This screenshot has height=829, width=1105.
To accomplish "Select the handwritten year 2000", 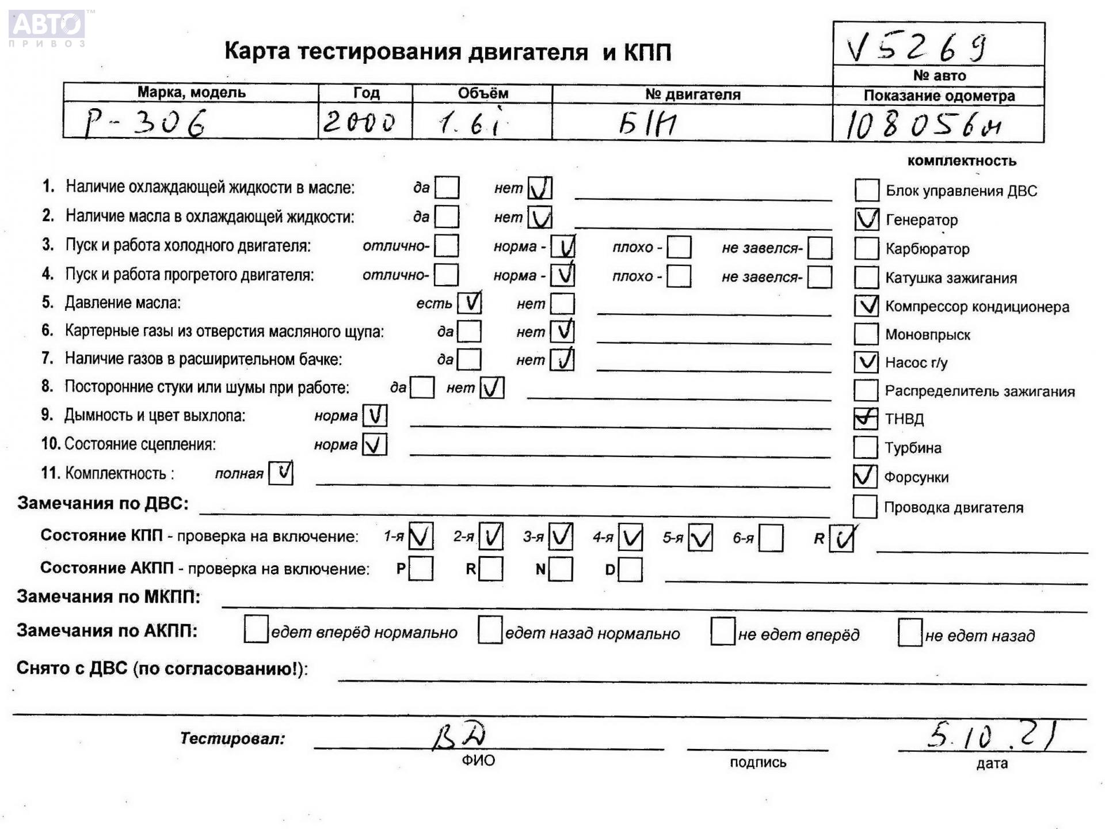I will tap(359, 122).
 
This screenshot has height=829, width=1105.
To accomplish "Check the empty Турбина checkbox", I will tap(865, 447).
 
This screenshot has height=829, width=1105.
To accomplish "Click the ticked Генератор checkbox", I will tap(867, 219).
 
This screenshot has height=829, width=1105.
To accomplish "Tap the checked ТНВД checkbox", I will tap(866, 419).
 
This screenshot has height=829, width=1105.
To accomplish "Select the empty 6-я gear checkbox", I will tap(771, 538).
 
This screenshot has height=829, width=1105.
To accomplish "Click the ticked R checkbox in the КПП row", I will tap(841, 539).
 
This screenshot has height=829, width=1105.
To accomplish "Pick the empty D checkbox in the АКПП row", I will tap(631, 570).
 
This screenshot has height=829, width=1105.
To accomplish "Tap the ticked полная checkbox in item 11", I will tap(281, 473).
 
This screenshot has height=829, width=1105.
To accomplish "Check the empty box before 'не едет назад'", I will tap(910, 633).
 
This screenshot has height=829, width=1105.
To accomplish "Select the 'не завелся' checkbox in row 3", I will tap(820, 248).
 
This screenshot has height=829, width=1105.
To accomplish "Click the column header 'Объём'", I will tap(483, 93).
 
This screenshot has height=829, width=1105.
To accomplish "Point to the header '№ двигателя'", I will tap(692, 94).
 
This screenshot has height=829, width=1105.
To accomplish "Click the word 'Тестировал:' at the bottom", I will tap(233, 739).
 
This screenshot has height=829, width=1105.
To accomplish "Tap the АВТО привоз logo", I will tap(47, 28).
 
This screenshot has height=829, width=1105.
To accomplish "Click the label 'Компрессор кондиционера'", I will tap(977, 307).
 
